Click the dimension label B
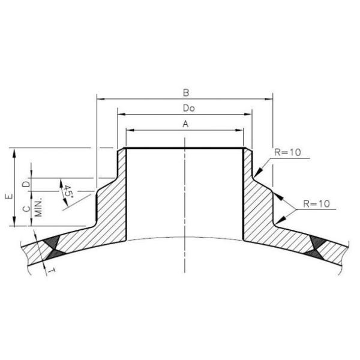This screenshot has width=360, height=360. coord(186,93)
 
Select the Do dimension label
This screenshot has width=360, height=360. coord(185,108)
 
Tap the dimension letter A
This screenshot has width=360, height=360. coord(185,124)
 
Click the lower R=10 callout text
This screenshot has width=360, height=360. coord(316,204)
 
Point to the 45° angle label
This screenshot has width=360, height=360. coord(67,192)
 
